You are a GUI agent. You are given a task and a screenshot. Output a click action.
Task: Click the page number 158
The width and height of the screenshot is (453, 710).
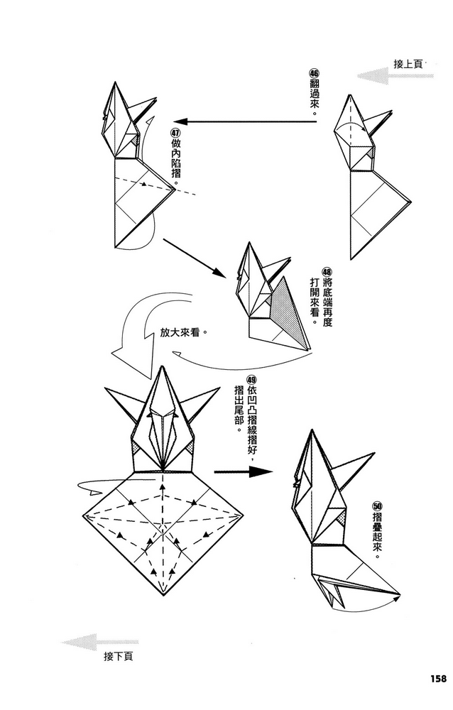pos(436,678)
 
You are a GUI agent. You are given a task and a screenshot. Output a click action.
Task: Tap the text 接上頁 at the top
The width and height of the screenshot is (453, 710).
pos(408,64)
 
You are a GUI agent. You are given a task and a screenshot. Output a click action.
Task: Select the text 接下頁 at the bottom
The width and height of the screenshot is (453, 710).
pos(119,656)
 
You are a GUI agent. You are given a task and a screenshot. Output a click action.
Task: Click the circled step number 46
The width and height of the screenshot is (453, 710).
pos(314,73)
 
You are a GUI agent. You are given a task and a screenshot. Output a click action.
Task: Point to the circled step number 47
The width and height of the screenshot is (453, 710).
pos(176,132)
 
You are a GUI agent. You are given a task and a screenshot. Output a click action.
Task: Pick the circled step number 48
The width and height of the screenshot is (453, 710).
pos(327,272)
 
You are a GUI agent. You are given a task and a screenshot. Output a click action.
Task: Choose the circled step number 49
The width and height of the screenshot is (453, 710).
pos(251,379)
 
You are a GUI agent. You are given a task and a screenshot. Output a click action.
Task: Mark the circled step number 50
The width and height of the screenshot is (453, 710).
pos(377,506)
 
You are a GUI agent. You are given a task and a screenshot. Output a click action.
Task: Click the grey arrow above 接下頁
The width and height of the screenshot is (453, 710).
pos(100,642)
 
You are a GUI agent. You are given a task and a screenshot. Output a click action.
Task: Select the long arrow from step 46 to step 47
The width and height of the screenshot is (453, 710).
pos(245,121)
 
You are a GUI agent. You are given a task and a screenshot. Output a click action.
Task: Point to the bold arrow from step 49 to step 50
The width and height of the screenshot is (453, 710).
pos(244,472)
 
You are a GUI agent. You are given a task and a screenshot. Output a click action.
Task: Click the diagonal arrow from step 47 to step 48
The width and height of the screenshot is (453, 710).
pos(195,258)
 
